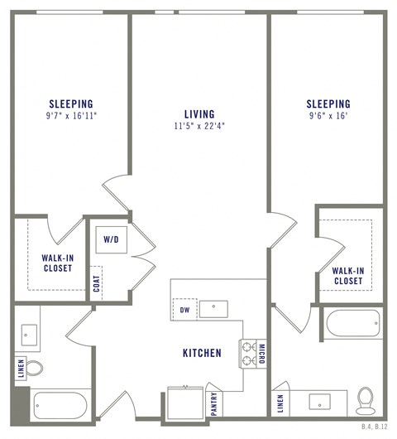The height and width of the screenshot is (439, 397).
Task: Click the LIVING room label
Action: pyautogui.click(x=199, y=113)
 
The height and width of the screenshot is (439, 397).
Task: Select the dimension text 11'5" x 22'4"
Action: pyautogui.click(x=199, y=126)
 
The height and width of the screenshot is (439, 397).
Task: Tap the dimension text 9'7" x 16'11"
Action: pyautogui.click(x=70, y=116)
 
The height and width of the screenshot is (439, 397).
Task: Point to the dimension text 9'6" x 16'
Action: pyautogui.click(x=328, y=116)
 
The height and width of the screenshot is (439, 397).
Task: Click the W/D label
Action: pyautogui.click(x=110, y=239)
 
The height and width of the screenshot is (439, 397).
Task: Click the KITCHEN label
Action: pyautogui.click(x=202, y=353)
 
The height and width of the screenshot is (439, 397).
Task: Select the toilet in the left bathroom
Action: pyautogui.click(x=34, y=366)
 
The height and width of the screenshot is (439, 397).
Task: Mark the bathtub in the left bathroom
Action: pyautogui.click(x=60, y=405)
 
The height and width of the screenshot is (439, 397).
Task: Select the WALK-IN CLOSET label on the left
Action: pyautogui.click(x=57, y=263)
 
